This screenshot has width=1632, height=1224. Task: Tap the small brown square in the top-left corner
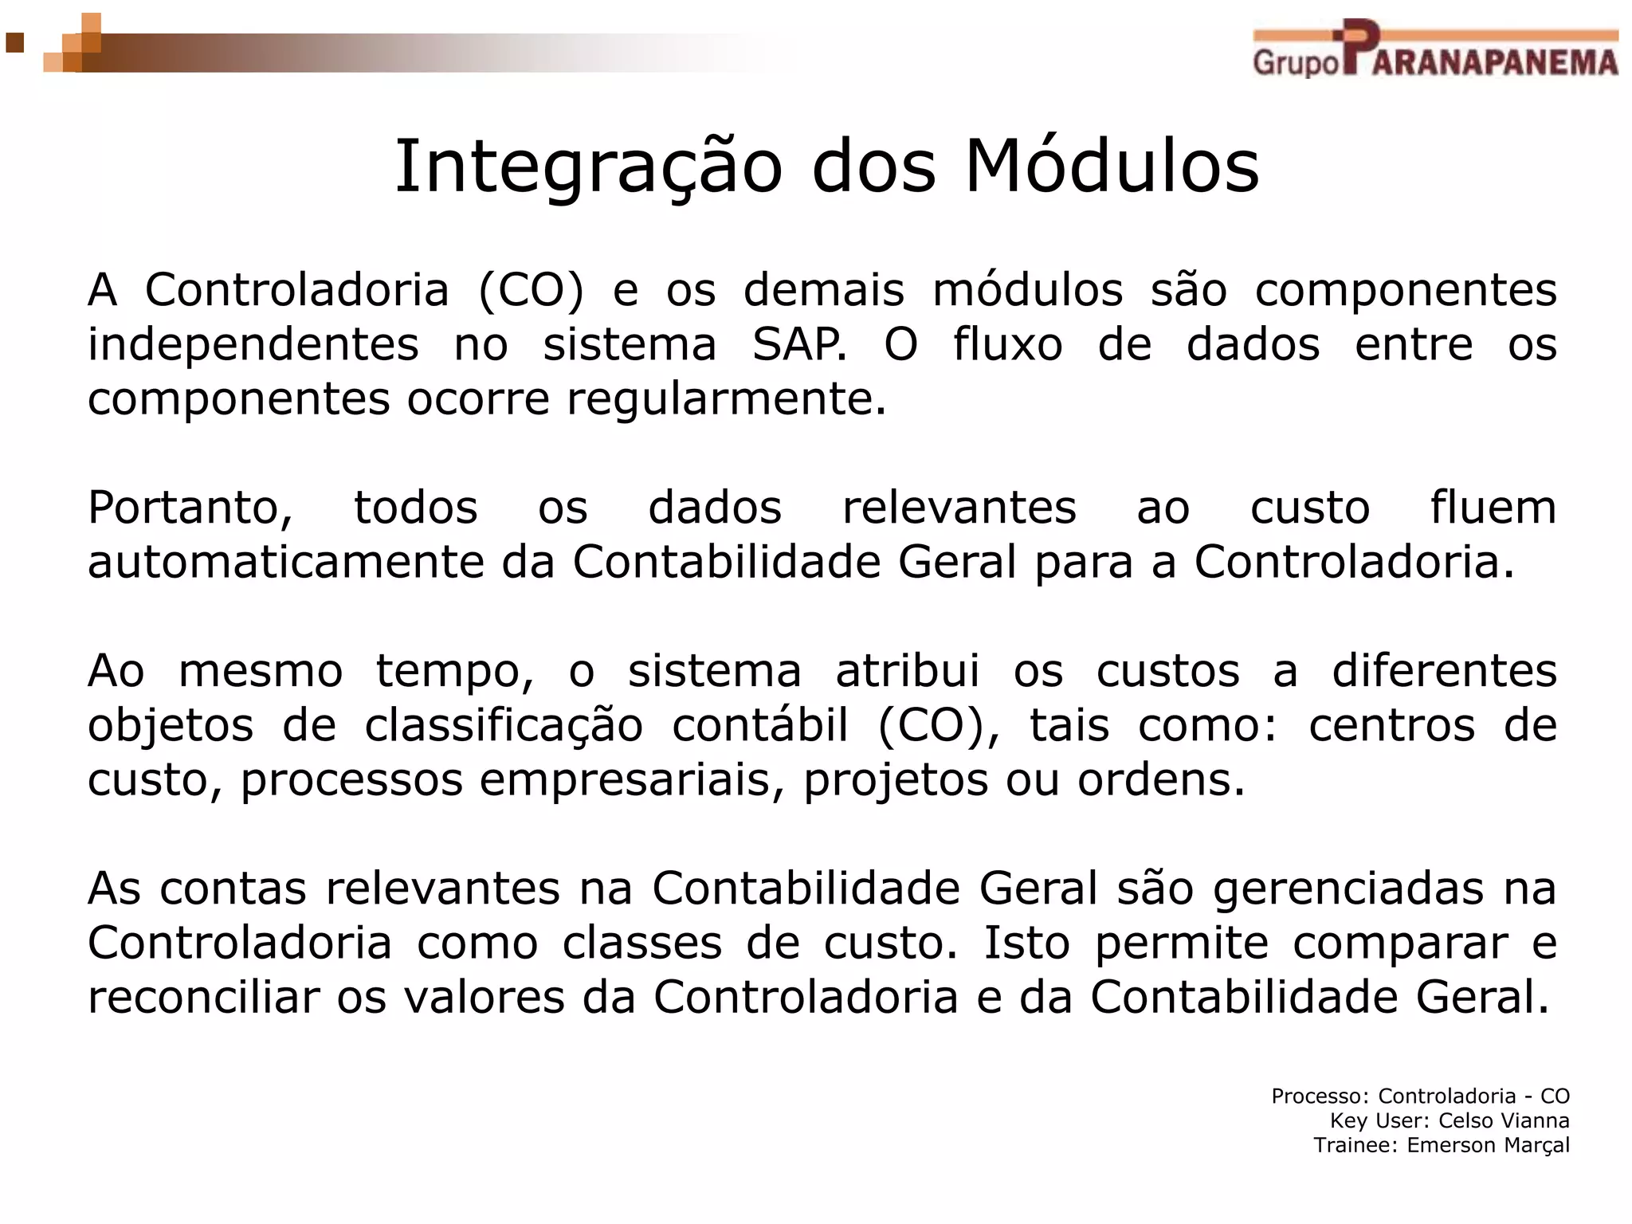coord(14,41)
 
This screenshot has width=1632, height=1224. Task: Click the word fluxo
coord(1008,344)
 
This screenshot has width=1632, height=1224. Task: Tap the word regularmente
coord(726,398)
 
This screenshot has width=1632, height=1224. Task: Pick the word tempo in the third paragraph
coord(455,671)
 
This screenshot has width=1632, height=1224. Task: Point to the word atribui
coord(907,671)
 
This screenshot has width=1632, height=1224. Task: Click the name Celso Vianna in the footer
coord(1504,1120)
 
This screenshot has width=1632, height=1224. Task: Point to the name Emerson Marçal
coord(1488,1145)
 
